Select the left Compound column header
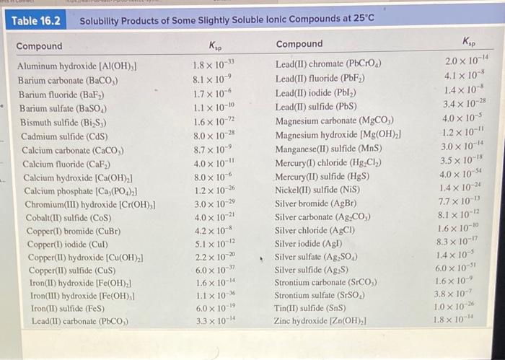[39, 47]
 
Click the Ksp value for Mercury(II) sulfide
[462, 173]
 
